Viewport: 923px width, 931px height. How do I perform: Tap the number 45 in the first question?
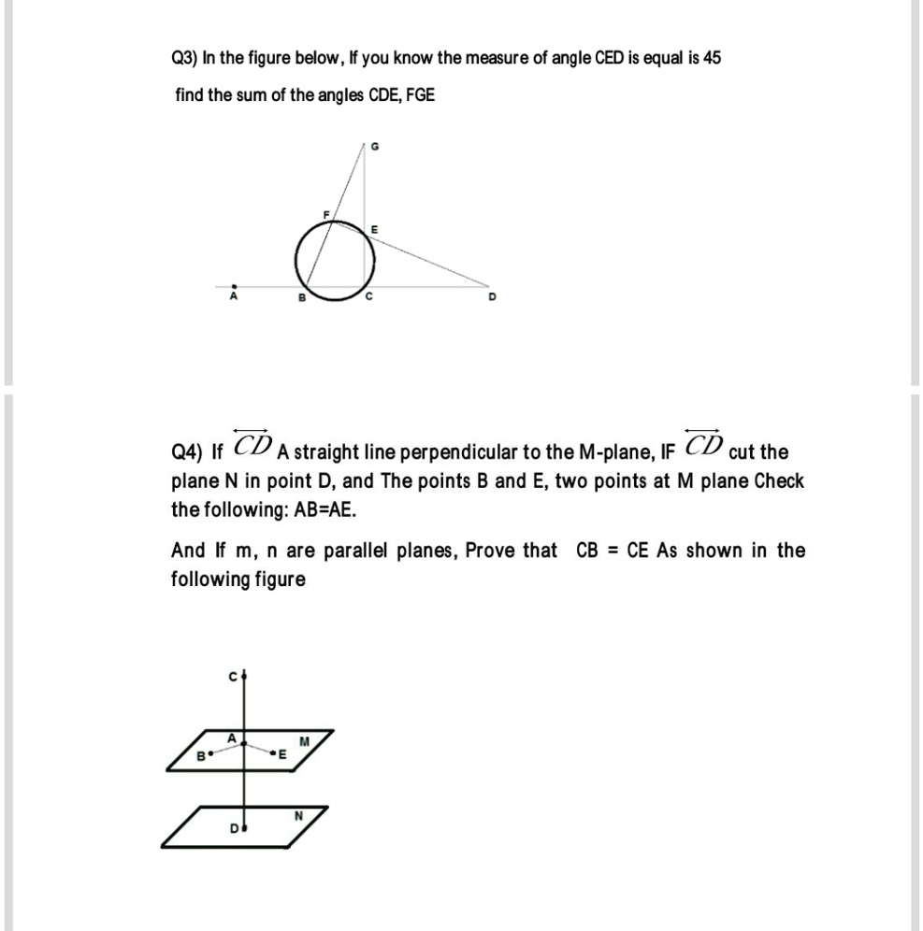tap(712, 58)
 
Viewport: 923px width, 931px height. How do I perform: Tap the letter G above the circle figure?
tap(375, 146)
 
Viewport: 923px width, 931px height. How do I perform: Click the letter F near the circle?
tap(325, 215)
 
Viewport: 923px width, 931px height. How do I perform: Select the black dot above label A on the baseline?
tap(235, 286)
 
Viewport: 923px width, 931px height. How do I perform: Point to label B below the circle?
tap(301, 299)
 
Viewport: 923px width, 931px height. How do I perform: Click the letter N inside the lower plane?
tap(298, 814)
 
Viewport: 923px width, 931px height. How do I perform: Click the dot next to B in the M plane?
tap(209, 751)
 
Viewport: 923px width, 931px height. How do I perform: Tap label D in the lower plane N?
tap(236, 827)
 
